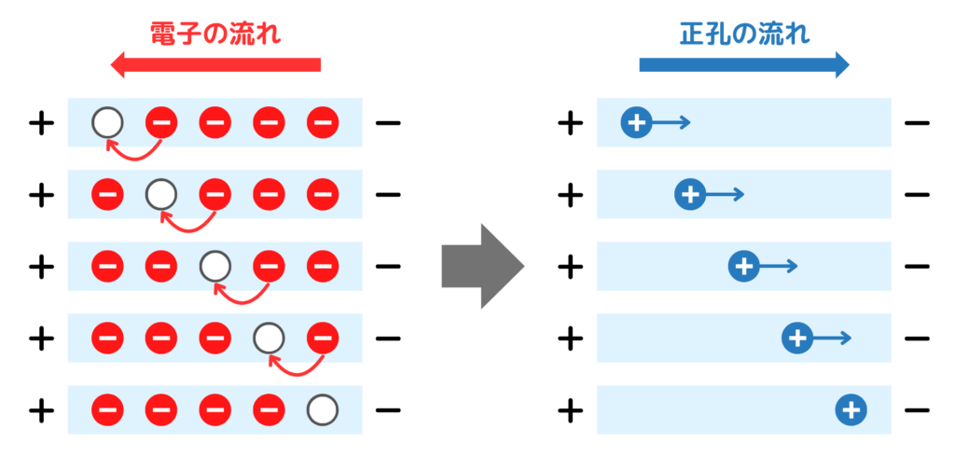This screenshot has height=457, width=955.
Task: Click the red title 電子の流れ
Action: click(215, 35)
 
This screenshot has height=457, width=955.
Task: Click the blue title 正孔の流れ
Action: click(744, 35)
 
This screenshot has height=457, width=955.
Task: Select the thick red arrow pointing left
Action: click(215, 64)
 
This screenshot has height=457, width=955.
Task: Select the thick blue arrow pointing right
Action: click(744, 64)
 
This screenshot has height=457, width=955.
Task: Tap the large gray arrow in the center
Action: click(482, 266)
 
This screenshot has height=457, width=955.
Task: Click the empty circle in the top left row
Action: click(107, 122)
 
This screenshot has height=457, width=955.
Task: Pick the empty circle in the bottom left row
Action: click(323, 409)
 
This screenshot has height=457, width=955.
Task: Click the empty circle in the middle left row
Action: click(215, 266)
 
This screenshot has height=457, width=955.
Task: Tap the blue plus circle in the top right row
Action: click(636, 122)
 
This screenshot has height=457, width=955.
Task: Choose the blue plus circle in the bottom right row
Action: click(851, 409)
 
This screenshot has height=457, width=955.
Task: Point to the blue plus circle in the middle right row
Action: click(743, 266)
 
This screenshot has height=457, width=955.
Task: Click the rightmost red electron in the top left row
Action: click(323, 122)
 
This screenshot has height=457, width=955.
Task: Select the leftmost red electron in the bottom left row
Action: click(107, 409)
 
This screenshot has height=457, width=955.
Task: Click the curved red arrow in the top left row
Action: click(135, 152)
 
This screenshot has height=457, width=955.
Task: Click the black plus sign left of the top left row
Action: click(40, 122)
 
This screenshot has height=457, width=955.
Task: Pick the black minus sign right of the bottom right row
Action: click(917, 409)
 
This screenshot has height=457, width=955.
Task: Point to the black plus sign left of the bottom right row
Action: click(569, 409)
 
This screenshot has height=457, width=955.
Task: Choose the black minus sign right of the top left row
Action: click(388, 122)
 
